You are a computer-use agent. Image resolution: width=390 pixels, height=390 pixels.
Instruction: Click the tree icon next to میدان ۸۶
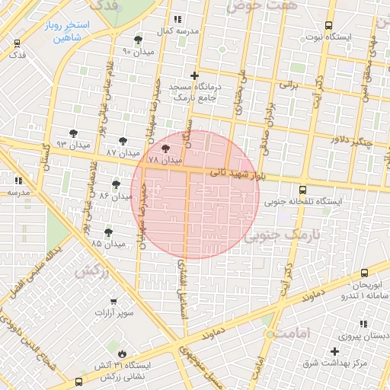(116, 184)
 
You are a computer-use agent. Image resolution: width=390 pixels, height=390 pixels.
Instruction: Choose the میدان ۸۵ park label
(108, 244)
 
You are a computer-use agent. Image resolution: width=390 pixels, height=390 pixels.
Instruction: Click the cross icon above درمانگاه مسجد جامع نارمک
(195, 76)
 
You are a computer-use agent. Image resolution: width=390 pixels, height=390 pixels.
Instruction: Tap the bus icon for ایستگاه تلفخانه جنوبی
(303, 190)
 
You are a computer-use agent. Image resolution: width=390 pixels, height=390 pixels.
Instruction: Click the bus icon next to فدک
(17, 43)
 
